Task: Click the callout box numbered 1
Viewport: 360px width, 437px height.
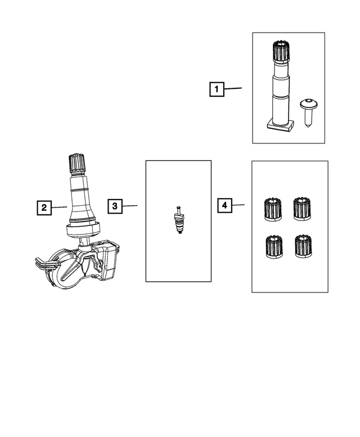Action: click(x=217, y=89)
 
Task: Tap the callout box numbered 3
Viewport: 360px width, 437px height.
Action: click(x=114, y=206)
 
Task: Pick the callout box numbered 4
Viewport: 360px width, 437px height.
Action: click(x=224, y=206)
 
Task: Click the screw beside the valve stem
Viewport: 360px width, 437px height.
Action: click(x=309, y=112)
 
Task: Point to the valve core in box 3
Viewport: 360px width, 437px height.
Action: click(x=179, y=220)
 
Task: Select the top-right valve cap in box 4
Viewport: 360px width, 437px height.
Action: click(x=301, y=209)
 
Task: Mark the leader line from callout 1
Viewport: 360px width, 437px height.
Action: click(x=233, y=88)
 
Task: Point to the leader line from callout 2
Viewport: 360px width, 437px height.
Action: click(x=60, y=208)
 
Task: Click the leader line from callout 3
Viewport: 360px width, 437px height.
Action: click(x=130, y=206)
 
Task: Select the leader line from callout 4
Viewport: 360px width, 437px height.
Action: click(x=238, y=205)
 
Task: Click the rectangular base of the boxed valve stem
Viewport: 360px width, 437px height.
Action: click(x=280, y=125)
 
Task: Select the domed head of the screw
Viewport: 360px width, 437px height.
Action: click(x=308, y=103)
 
